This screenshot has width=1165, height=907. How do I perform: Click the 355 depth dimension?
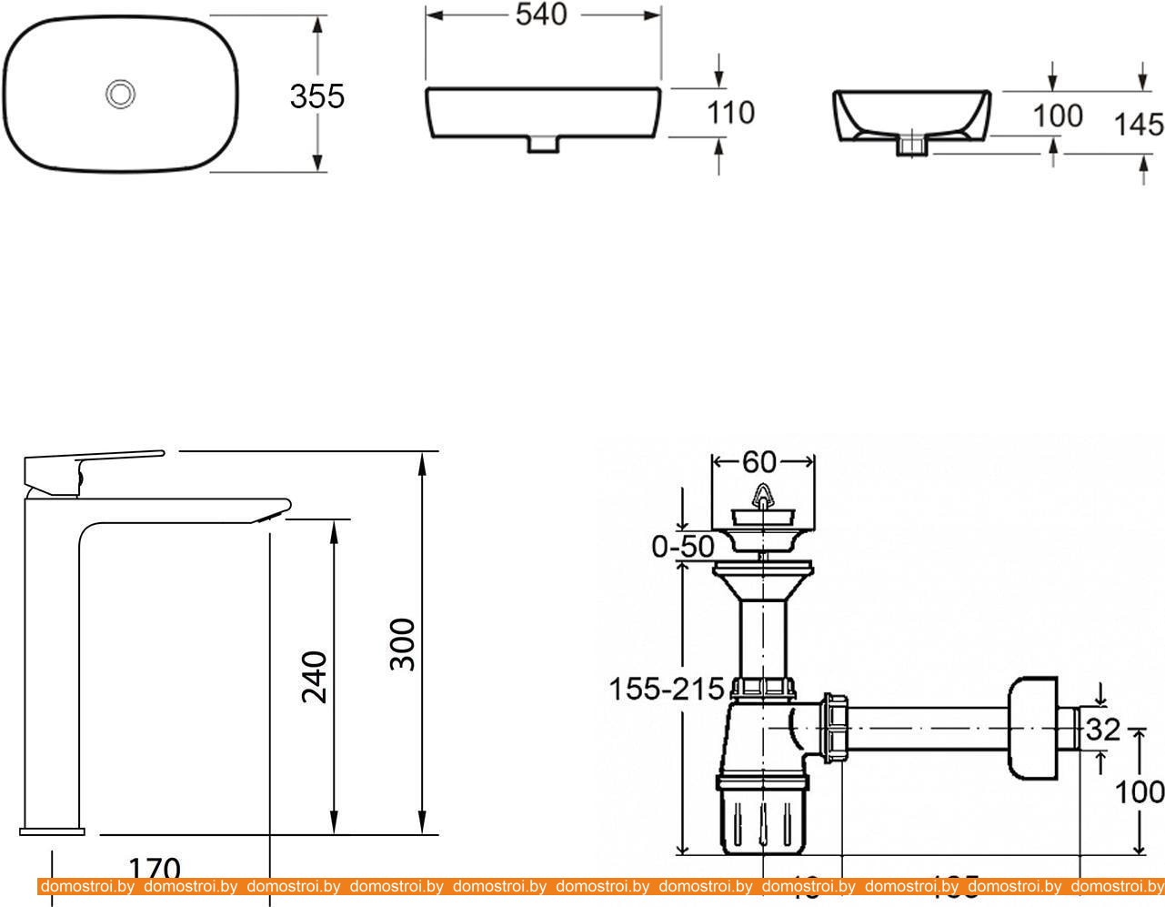pyautogui.click(x=317, y=96)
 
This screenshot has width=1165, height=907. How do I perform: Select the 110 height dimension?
pyautogui.click(x=731, y=113)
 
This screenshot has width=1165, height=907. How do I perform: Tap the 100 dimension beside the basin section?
pyautogui.click(x=1058, y=116)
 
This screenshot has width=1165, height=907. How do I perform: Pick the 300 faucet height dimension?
pyautogui.click(x=402, y=644)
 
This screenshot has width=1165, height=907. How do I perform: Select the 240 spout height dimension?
pyautogui.click(x=314, y=677)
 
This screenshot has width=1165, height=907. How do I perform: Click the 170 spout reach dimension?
pyautogui.click(x=155, y=869)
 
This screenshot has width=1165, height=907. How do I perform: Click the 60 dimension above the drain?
pyautogui.click(x=759, y=462)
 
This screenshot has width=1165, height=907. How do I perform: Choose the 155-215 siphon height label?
pyautogui.click(x=666, y=690)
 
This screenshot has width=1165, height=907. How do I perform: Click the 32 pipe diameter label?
pyautogui.click(x=1103, y=730)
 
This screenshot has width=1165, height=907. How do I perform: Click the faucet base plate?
pyautogui.click(x=52, y=830)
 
